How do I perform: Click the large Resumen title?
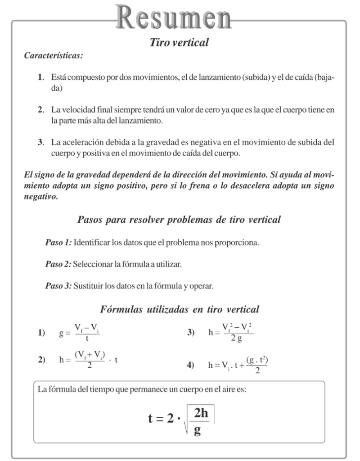pos(179,17)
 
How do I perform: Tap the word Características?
pos(53,56)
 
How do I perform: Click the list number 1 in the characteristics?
pos(40,77)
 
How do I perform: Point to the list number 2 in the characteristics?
pos(40,110)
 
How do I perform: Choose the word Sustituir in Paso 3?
pos(88,285)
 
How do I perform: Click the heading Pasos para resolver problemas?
pos(179,220)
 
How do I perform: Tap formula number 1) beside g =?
pos(42,333)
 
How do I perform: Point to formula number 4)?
pos(190,366)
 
